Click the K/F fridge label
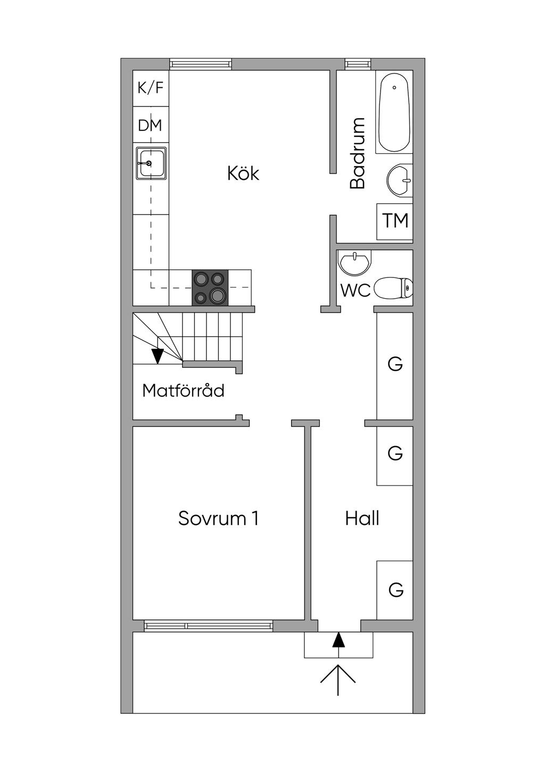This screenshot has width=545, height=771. point(151,88)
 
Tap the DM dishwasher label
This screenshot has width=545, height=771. point(150,126)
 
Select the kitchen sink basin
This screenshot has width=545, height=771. point(151,163)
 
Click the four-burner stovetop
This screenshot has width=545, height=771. point(210,288)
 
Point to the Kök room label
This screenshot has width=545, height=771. point(243,174)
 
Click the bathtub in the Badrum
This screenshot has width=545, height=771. point(394,112)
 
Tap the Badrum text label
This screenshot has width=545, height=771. point(358,153)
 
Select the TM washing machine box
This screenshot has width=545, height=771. point(395,220)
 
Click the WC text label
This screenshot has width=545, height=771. point(356,291)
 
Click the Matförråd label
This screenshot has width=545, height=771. point(183,391)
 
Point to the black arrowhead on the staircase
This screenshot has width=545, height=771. point(158,356)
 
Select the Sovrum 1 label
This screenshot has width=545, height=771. point(218,519)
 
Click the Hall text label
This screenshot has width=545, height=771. point(362,519)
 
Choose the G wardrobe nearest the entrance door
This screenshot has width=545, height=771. point(395,590)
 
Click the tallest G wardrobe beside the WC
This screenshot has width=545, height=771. point(395,365)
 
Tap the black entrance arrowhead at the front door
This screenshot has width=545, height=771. point(338,639)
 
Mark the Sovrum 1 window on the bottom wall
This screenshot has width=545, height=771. point(209,626)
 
